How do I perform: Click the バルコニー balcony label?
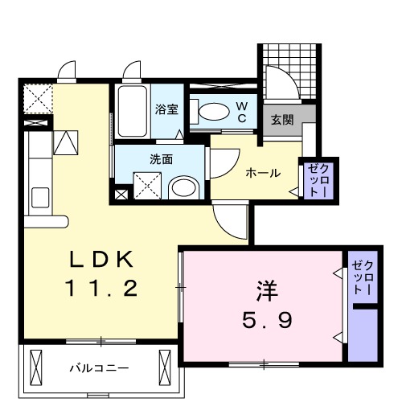[x=99, y=368]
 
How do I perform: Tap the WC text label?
[x=241, y=112]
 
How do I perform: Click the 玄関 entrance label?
[x=281, y=121]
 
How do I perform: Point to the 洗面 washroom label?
[x=161, y=159]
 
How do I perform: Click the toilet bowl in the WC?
[x=212, y=113]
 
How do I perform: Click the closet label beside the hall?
[x=314, y=181]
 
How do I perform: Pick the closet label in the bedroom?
[x=363, y=277]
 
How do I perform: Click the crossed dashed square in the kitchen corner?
[x=36, y=100]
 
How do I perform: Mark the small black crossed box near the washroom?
[x=121, y=194]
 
